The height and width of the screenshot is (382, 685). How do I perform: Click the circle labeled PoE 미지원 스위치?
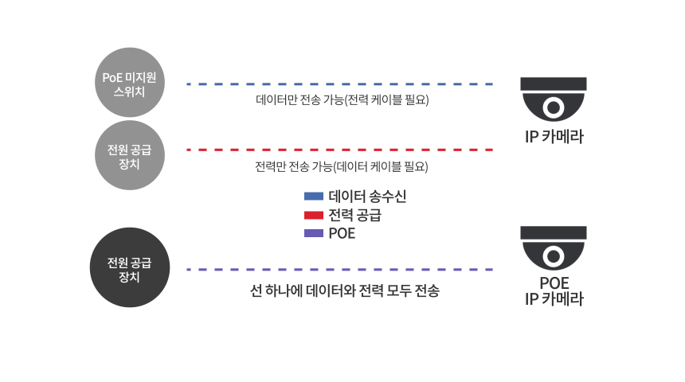coord(130,83)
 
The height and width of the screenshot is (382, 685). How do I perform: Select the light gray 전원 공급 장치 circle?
coord(130,155)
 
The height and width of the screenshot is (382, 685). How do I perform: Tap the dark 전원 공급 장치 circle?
coord(130,267)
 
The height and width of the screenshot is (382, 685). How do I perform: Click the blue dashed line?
coord(340,84)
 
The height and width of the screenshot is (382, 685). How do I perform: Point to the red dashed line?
coord(340,150)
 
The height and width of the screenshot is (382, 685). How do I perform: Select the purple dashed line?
coord(340,269)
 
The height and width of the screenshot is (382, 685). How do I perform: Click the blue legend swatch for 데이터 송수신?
coord(314,196)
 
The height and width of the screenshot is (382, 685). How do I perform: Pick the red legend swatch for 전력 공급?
coord(314,215)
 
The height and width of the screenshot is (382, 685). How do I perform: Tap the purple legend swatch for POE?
coord(314,233)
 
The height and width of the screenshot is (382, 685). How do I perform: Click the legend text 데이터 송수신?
coord(367,197)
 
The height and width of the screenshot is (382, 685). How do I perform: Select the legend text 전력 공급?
coord(355,215)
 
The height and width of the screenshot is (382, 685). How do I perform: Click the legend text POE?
coord(342,233)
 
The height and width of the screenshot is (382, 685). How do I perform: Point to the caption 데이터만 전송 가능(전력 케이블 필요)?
coord(342,100)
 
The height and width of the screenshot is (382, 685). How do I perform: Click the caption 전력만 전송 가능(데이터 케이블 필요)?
coord(342,166)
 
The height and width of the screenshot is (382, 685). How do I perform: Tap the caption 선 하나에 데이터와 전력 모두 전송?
coord(345,290)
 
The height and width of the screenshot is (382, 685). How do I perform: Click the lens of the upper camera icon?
coord(554,107)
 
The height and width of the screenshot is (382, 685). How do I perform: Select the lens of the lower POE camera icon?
coord(554,256)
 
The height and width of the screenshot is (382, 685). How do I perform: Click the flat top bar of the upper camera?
coord(554,84)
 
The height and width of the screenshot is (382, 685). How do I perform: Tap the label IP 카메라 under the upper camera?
coord(554,137)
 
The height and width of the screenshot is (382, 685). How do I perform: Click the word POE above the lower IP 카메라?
coord(554,283)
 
